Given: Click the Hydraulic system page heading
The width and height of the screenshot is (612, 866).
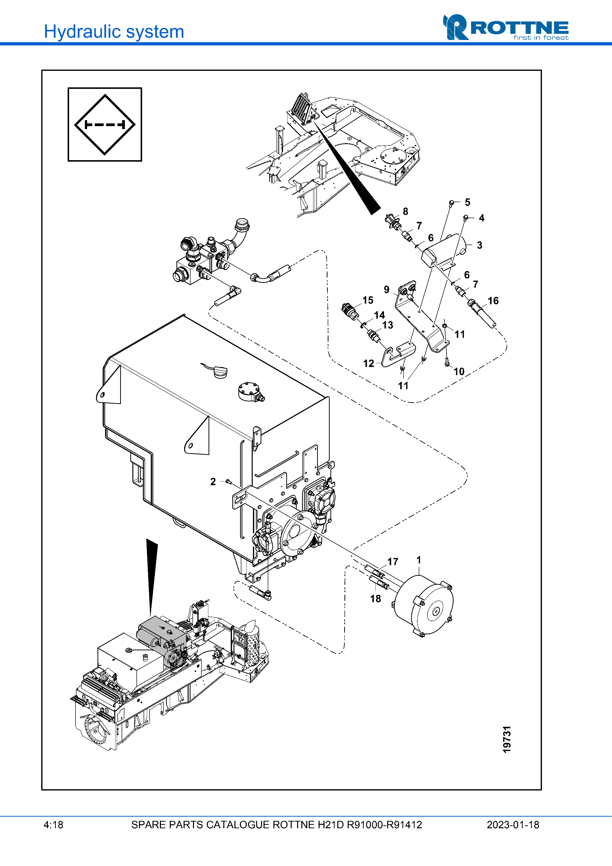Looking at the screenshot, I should pos(114,32).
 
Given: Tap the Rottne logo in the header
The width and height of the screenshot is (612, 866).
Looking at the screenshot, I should pos(505,28).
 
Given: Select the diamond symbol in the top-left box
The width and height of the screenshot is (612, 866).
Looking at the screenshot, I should pos(105,124).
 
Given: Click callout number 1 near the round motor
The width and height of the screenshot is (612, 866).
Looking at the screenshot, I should pos(419,560).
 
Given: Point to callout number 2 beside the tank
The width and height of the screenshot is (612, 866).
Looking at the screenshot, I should pos(213,482).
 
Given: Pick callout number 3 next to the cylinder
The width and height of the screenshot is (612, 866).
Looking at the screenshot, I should pos(479,245).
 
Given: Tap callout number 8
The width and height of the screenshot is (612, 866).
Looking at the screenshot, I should pos(405,212).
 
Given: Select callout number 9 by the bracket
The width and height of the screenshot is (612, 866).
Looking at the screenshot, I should pos(386,290).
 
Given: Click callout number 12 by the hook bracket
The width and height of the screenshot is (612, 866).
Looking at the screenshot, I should pos(368,364).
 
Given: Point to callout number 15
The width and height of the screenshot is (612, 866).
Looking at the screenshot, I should pos(368,300).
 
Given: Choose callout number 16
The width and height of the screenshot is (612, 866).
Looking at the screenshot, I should pos(493,301).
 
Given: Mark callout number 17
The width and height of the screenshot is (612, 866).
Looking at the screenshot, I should pos(393,562).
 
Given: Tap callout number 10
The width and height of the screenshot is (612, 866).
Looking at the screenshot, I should pos(459,371).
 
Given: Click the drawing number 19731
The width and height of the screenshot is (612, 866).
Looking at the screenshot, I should pos(507,739).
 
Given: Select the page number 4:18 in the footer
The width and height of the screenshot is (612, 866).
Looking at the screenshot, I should pos(53,825).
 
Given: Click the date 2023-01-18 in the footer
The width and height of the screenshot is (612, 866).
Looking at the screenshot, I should pos(513,825).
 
